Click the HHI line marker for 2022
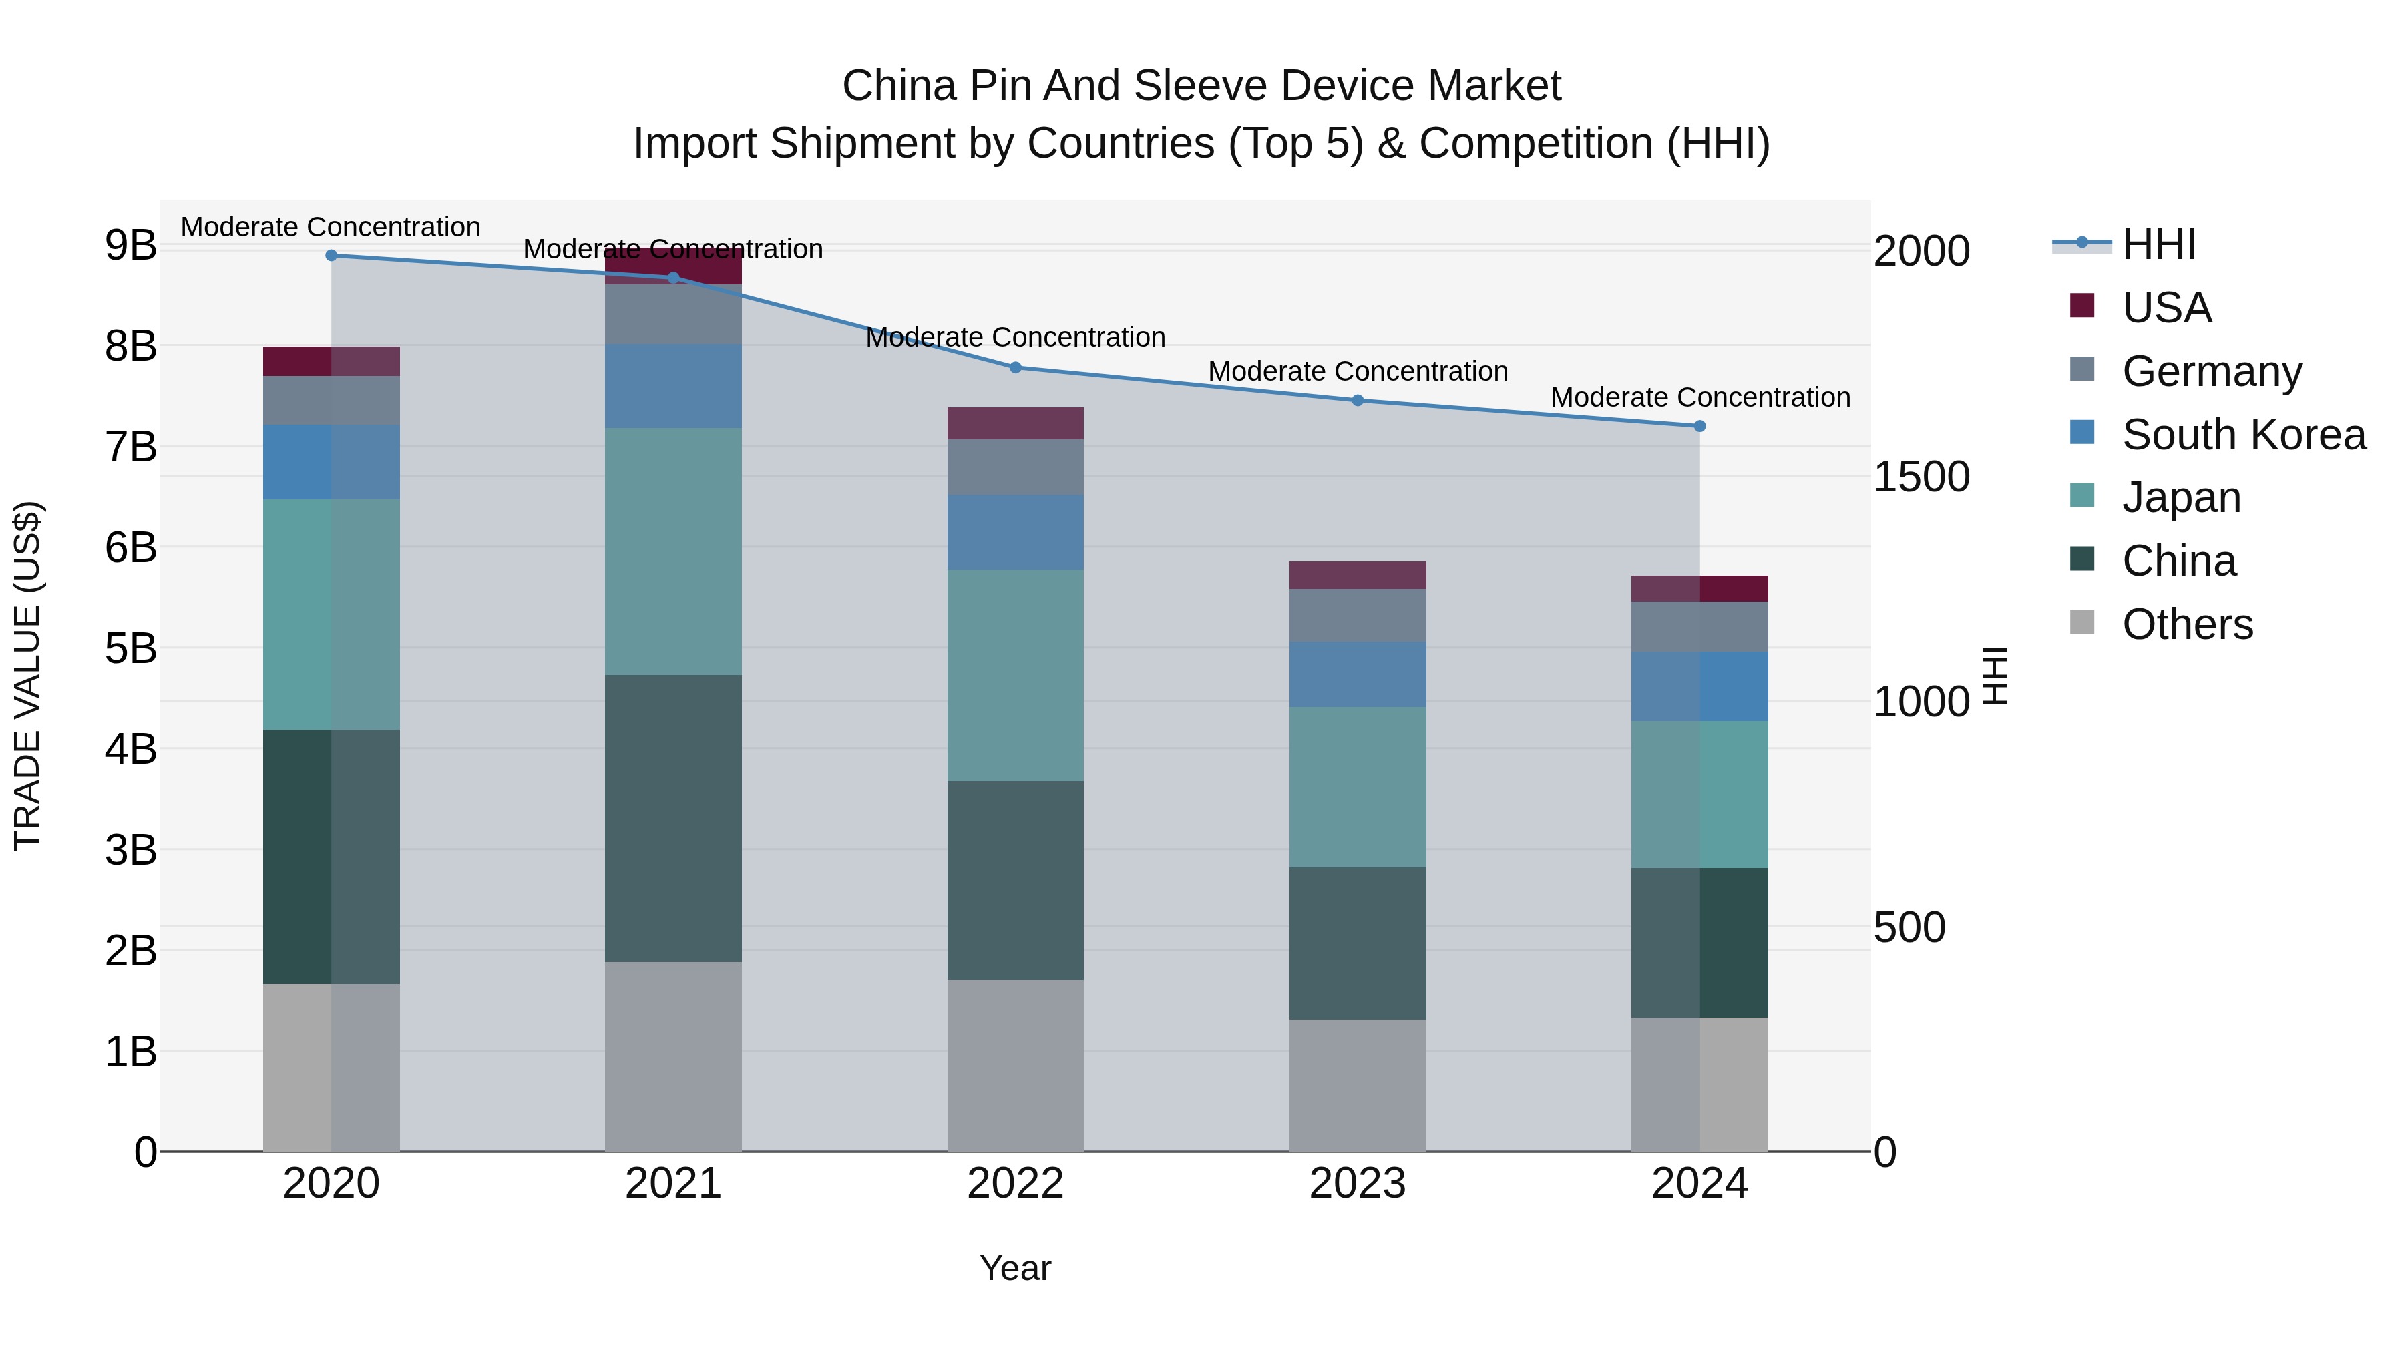click(1015, 368)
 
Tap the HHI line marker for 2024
click(1699, 427)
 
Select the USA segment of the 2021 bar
click(673, 265)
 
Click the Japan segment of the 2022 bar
click(1015, 676)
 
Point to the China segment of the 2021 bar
click(673, 819)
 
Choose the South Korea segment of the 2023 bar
click(1358, 674)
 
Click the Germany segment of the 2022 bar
click(1015, 467)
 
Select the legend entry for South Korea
click(2244, 435)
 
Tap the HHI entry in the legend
click(2158, 246)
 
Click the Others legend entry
click(2186, 624)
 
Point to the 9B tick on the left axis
click(131, 246)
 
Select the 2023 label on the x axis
click(1358, 1184)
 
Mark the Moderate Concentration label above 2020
click(331, 228)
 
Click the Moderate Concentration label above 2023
click(1358, 371)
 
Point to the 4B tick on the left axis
click(131, 749)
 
